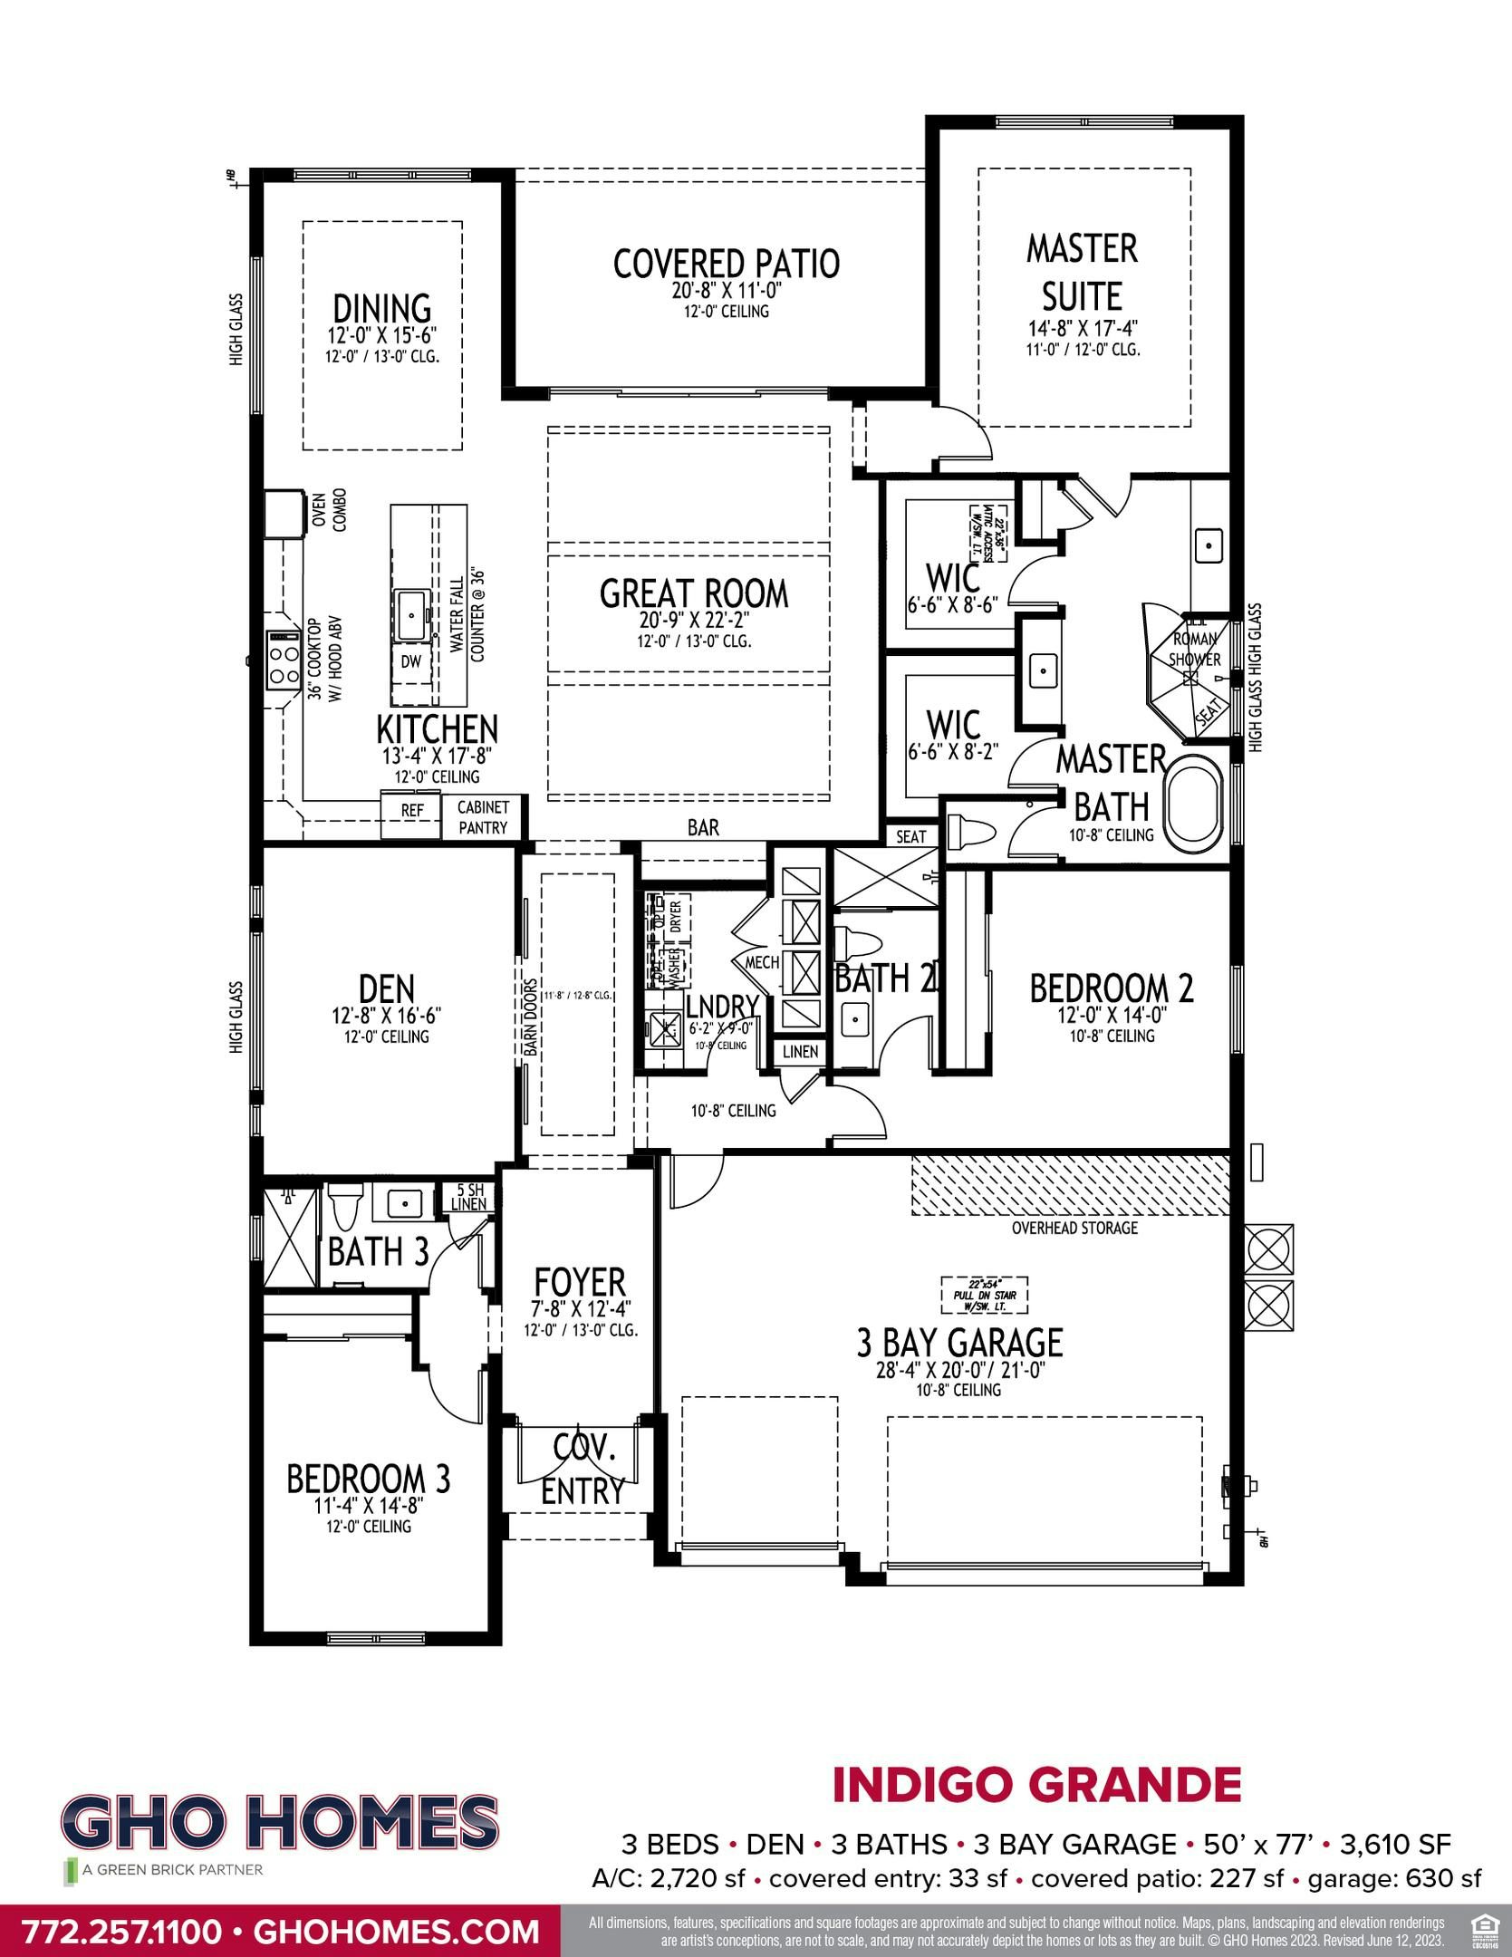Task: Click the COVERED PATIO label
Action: point(726,264)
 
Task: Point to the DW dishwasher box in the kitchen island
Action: point(411,661)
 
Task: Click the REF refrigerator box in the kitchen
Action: point(412,810)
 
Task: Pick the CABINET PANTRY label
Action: point(483,816)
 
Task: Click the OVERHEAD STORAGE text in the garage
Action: point(1074,1228)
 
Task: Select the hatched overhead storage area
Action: point(1069,1186)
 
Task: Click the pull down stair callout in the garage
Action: point(984,1295)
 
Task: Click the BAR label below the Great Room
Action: point(703,827)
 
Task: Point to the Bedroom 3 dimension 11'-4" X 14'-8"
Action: point(368,1506)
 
